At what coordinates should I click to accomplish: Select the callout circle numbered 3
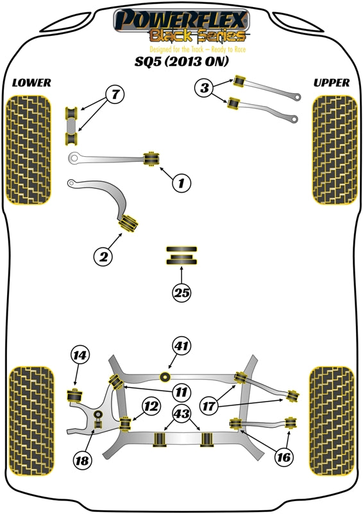(x=205, y=89)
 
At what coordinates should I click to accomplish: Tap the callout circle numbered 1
(x=181, y=184)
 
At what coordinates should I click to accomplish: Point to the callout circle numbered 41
(x=181, y=346)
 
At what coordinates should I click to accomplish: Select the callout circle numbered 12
(x=151, y=405)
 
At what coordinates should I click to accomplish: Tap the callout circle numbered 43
(x=181, y=415)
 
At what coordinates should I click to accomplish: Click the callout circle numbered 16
(x=284, y=457)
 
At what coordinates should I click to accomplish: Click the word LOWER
(x=31, y=83)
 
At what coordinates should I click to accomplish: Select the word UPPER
(x=332, y=83)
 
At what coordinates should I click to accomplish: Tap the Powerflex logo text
(x=181, y=19)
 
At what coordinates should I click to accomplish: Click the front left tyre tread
(x=28, y=150)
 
